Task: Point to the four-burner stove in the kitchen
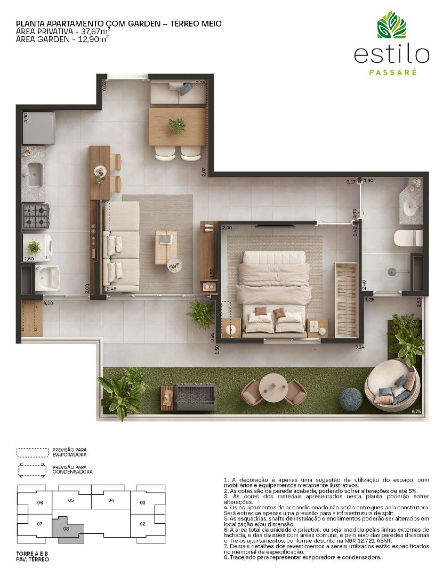36,216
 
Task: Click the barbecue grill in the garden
196,396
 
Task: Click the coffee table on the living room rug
166,247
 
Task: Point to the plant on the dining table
177,125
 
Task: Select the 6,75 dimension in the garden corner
416,412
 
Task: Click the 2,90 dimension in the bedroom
227,228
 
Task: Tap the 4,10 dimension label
48,303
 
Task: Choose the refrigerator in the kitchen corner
38,128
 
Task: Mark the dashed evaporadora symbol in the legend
32,452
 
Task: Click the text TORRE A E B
32,554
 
